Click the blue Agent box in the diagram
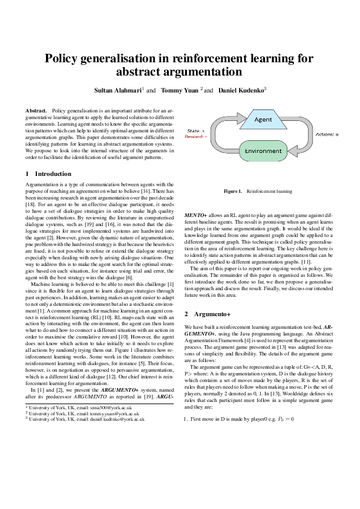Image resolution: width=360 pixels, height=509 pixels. tap(263, 119)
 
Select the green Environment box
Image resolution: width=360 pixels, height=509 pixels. tap(263, 151)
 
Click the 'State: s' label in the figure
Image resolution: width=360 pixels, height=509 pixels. tap(195, 131)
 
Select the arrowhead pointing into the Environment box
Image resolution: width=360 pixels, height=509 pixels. tap(289, 151)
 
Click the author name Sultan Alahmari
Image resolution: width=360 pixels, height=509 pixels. tap(117, 90)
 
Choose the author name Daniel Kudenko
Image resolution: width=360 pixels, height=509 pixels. tap(240, 90)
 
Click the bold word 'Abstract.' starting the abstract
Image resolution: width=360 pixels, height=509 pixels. tap(36, 111)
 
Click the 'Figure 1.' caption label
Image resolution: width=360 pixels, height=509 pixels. tap(233, 191)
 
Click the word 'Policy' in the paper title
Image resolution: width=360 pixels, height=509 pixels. tap(65, 59)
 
